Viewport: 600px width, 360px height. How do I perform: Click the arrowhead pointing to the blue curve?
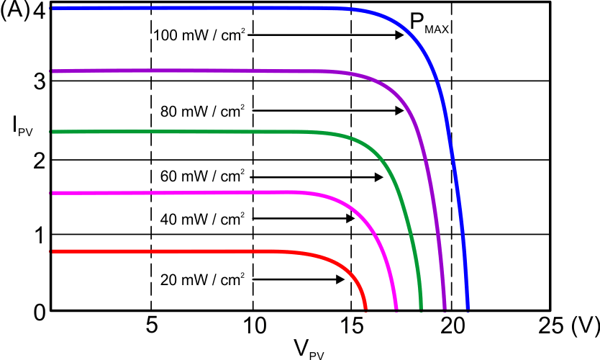point(400,35)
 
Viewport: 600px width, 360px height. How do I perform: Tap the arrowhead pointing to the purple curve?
point(399,111)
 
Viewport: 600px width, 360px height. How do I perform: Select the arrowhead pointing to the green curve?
point(379,176)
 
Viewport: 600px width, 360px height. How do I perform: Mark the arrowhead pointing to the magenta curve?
point(350,218)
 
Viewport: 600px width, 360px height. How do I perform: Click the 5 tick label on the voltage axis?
point(151,326)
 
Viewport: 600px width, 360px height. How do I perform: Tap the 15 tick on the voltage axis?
point(351,326)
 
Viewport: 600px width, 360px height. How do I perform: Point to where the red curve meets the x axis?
point(366,310)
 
